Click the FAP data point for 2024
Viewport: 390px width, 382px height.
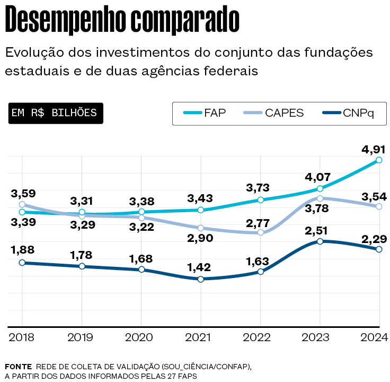[379, 160]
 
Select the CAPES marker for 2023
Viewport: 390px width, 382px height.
[320, 198]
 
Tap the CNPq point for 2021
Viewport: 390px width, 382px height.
[201, 279]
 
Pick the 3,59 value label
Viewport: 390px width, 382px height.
[22, 193]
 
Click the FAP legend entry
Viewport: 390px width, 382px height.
[205, 114]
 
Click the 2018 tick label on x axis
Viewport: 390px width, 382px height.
[22, 337]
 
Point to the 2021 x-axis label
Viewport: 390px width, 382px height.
[201, 337]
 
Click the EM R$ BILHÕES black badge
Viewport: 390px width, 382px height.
[55, 113]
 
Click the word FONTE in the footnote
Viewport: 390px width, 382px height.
[17, 367]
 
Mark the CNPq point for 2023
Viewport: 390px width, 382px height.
[320, 241]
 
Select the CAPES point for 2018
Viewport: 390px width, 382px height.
[22, 204]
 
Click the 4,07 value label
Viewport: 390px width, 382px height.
[318, 177]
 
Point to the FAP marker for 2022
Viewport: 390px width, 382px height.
[260, 200]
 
